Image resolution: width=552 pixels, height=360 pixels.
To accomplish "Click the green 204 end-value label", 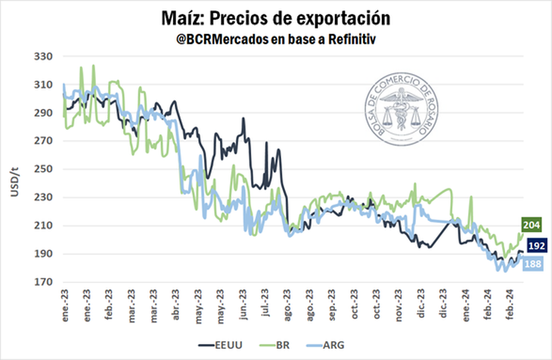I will point(530,225).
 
